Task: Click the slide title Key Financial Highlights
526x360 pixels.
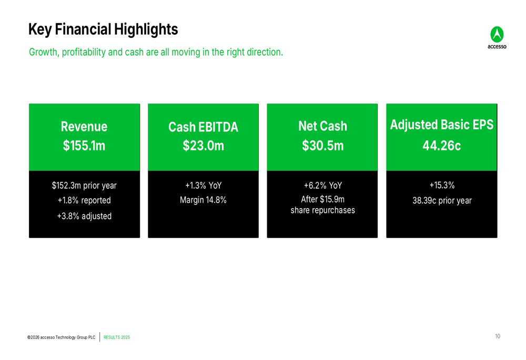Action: click(x=103, y=29)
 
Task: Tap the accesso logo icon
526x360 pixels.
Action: click(x=497, y=35)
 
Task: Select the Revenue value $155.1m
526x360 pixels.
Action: click(x=84, y=146)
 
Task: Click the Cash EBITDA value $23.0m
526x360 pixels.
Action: click(x=203, y=146)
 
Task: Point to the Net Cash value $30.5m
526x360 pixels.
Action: click(x=322, y=146)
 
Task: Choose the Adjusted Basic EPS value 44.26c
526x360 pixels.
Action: click(x=441, y=146)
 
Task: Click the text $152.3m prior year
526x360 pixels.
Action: click(x=84, y=186)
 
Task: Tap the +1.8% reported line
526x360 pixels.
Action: click(x=84, y=200)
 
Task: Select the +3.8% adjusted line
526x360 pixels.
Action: click(x=84, y=216)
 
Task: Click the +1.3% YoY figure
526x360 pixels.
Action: click(x=203, y=186)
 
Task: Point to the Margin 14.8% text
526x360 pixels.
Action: click(x=203, y=200)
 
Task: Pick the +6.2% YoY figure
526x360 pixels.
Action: click(x=322, y=186)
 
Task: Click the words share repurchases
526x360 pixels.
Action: click(x=322, y=210)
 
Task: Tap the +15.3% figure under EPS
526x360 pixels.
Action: click(x=441, y=185)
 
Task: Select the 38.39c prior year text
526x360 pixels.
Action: click(x=441, y=200)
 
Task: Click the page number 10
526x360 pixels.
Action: click(x=497, y=336)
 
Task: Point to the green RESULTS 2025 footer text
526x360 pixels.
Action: click(x=117, y=337)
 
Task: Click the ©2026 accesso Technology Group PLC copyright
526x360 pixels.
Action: click(x=62, y=337)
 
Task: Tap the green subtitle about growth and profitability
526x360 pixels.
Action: click(x=156, y=53)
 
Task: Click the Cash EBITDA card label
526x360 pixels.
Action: click(x=203, y=127)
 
